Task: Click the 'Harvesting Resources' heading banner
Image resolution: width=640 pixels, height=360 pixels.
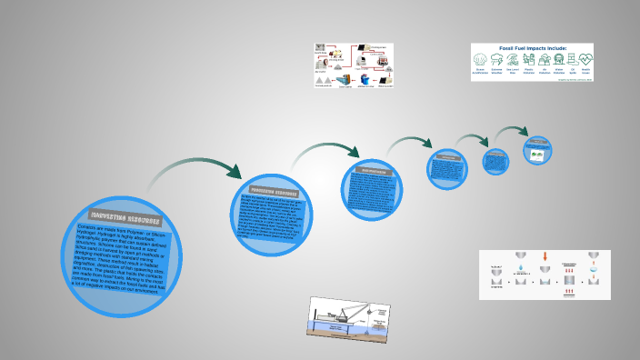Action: (120, 220)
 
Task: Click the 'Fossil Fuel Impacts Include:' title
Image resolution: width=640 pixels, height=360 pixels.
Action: (532, 48)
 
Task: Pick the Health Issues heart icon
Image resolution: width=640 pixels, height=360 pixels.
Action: (585, 60)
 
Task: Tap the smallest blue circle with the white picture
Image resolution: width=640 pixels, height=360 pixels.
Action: (537, 150)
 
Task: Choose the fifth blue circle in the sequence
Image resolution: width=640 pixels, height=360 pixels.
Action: (495, 162)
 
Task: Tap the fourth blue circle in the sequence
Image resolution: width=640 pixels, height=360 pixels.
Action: (446, 169)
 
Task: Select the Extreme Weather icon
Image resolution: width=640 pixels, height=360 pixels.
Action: (497, 60)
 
